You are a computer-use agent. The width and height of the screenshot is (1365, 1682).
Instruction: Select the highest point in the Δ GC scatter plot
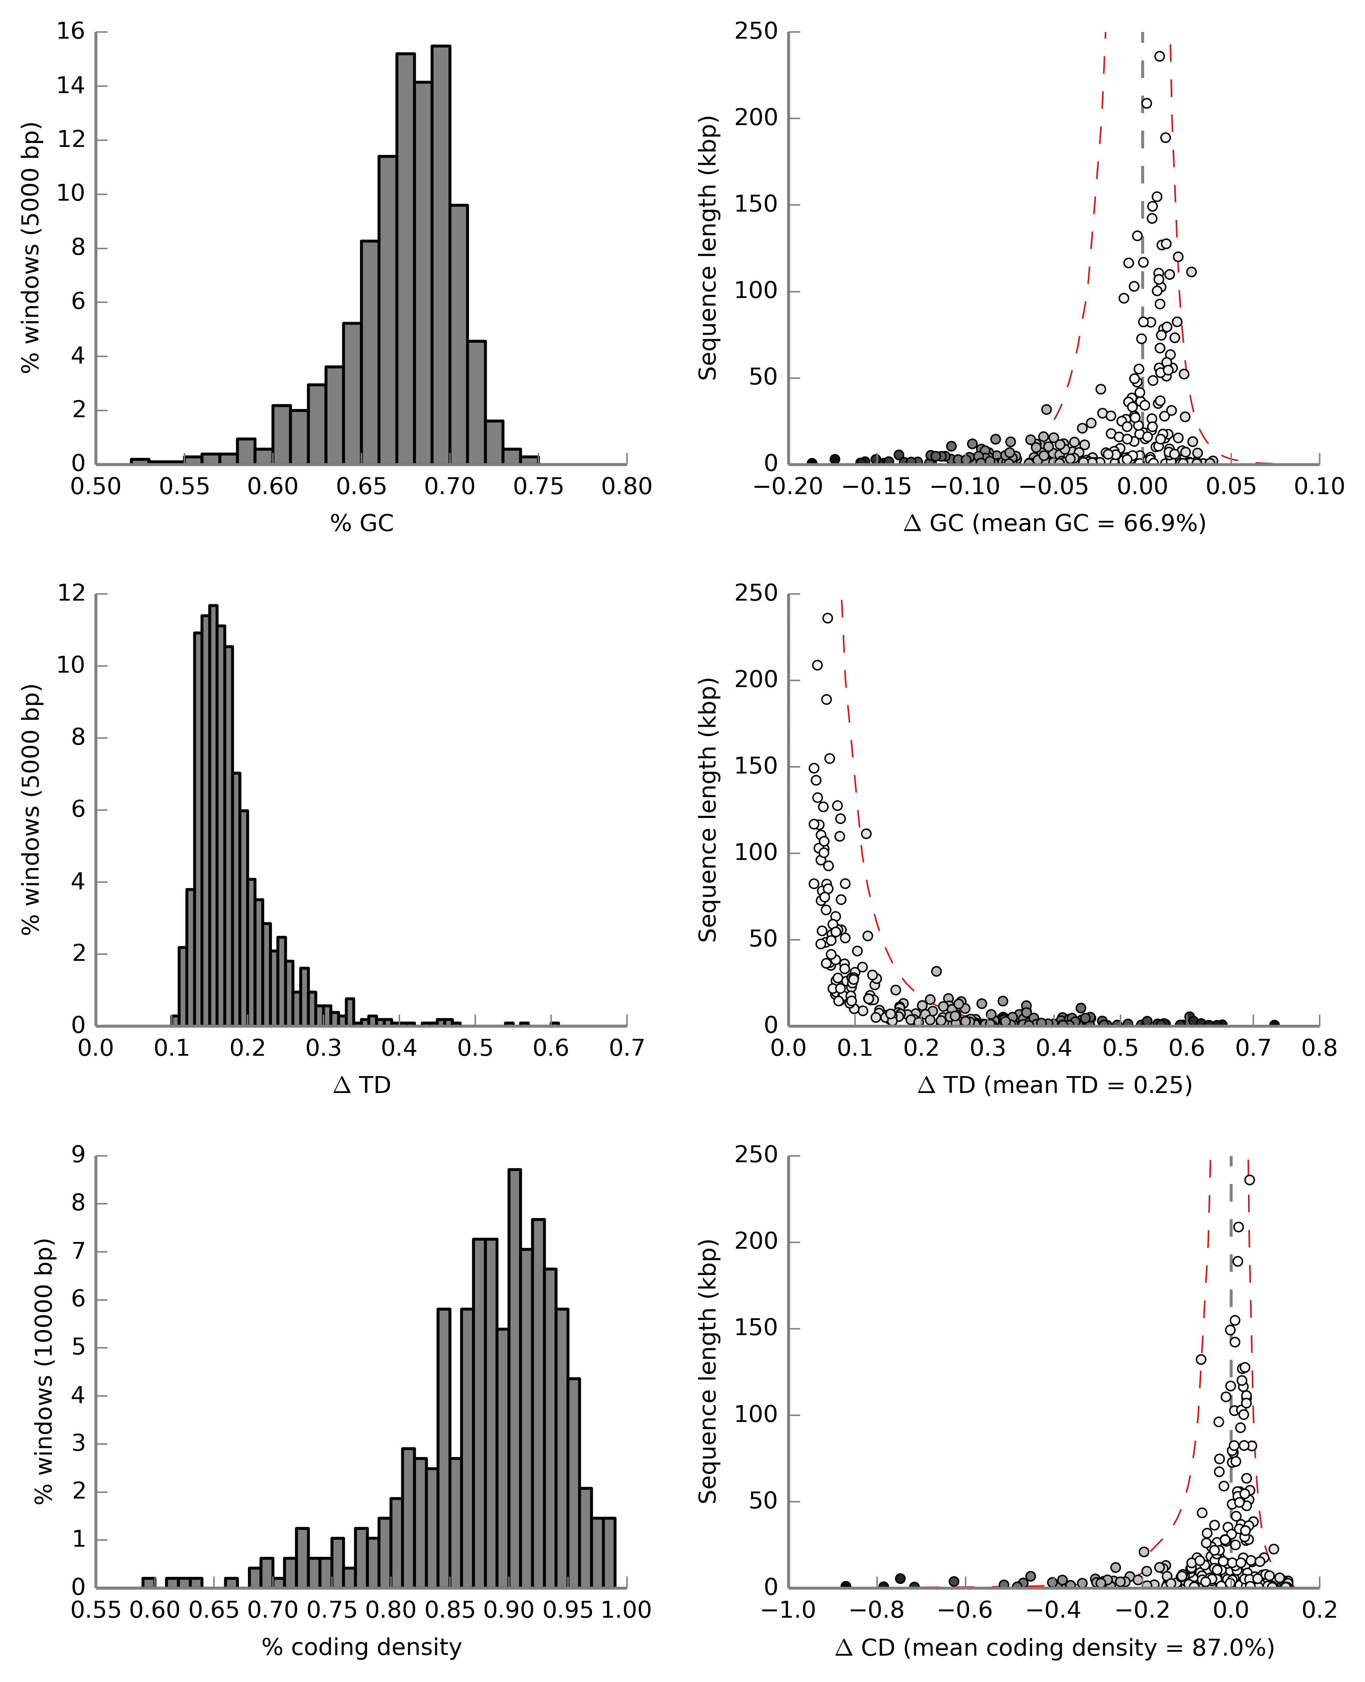click(x=1160, y=56)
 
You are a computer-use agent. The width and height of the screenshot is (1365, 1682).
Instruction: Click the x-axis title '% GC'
click(x=362, y=523)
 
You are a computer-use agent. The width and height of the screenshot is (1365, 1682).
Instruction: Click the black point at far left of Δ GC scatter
click(x=811, y=462)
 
